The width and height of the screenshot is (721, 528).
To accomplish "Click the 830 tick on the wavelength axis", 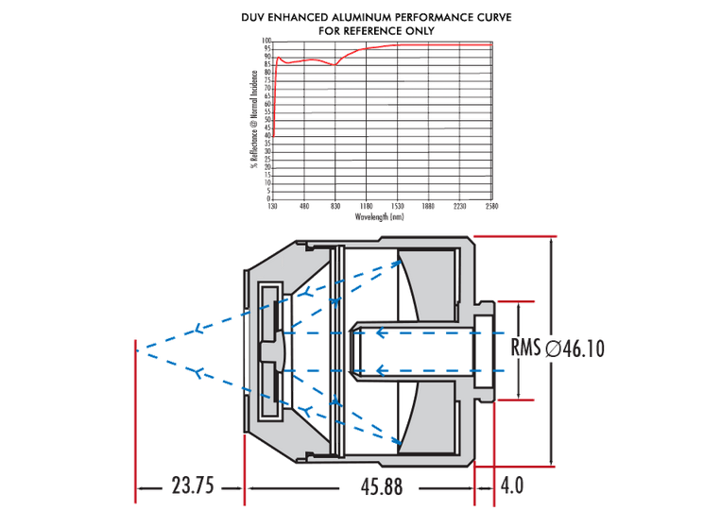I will (335, 206).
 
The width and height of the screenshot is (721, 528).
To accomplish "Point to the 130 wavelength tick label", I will (273, 206).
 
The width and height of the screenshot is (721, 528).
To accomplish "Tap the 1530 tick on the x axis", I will (398, 206).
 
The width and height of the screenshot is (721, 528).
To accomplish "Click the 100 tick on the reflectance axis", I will (267, 42).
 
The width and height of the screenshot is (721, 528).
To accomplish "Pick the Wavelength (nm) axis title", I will (381, 216).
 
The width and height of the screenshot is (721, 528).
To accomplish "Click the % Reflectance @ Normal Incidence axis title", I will (254, 119).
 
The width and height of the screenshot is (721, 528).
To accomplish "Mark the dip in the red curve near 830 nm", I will (335, 65).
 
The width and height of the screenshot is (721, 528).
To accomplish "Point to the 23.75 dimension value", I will (192, 486).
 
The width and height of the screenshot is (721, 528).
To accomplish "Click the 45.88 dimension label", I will (381, 486).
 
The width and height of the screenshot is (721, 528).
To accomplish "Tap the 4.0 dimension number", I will (511, 486).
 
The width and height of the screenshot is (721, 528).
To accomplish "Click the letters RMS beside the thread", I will (525, 348).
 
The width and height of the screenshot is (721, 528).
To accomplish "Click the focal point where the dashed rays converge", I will (139, 350).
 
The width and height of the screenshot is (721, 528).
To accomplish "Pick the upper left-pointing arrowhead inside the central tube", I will (381, 332).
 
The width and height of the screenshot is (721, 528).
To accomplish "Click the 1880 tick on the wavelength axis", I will (429, 206).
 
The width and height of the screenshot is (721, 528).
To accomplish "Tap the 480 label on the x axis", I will (304, 206).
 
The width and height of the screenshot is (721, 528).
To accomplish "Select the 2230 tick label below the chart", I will (460, 206).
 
